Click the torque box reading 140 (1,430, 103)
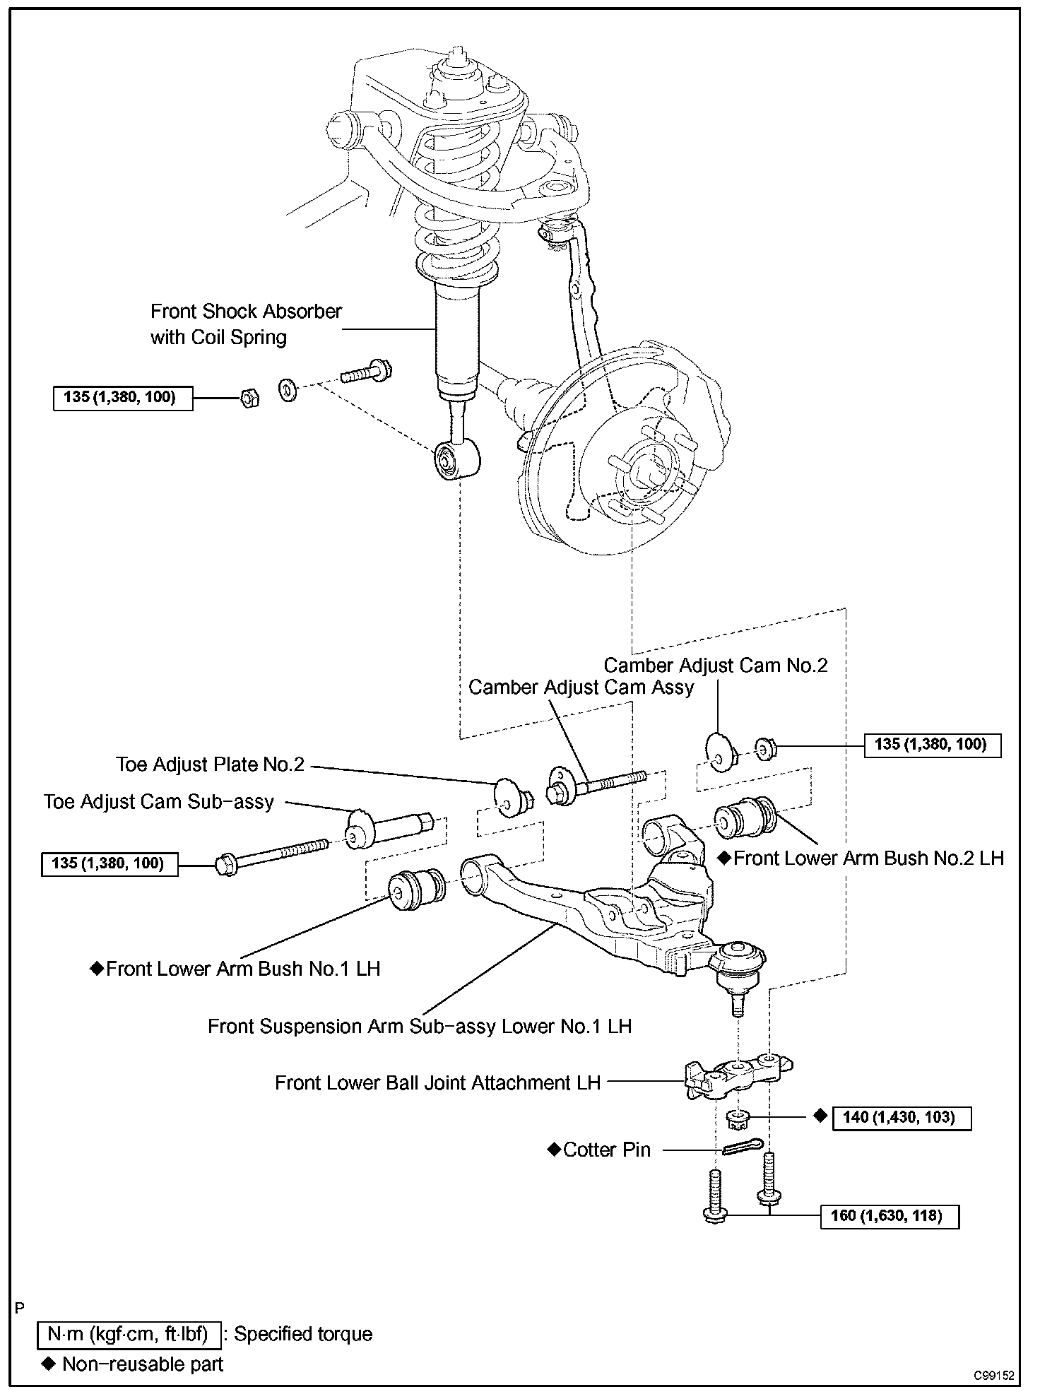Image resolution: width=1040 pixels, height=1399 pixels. click(x=902, y=1118)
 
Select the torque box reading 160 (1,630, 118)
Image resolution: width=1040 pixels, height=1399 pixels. click(x=890, y=1217)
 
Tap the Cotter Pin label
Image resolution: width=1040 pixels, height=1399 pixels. click(x=606, y=1150)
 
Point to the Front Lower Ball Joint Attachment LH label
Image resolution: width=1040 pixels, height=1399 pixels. click(x=437, y=1083)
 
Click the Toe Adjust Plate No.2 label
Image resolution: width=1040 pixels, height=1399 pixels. click(x=210, y=765)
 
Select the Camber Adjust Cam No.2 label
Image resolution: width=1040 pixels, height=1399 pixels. click(x=715, y=666)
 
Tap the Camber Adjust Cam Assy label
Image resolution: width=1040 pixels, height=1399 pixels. click(x=581, y=687)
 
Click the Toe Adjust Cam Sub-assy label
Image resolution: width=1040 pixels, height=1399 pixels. click(x=158, y=802)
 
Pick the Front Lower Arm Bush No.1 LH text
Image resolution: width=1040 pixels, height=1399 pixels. click(x=242, y=969)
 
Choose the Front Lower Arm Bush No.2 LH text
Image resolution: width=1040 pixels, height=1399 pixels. click(x=868, y=858)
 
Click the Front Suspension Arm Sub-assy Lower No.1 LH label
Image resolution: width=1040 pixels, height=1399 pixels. click(x=419, y=1026)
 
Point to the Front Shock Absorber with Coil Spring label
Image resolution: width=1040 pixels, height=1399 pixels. click(x=246, y=324)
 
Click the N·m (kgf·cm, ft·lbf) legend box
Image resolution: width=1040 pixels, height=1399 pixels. click(x=129, y=1334)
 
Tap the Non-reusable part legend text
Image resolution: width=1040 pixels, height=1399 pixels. click(x=142, y=1364)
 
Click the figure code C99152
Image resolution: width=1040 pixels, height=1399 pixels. click(x=993, y=1376)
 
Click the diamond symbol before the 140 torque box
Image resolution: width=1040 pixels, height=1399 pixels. click(x=820, y=1116)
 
